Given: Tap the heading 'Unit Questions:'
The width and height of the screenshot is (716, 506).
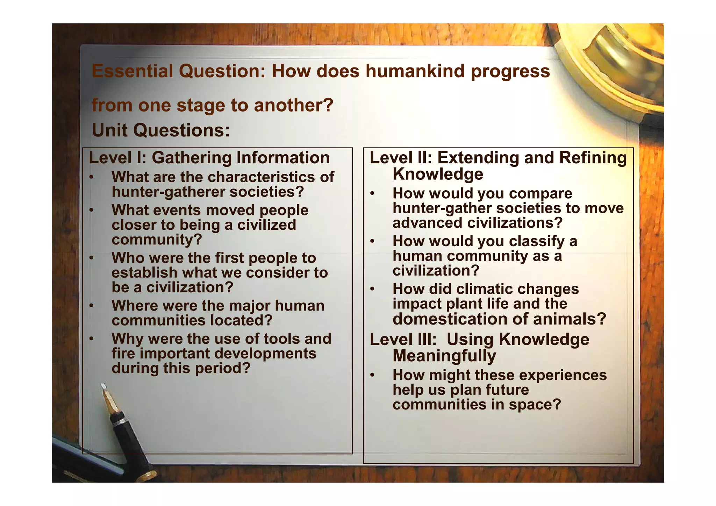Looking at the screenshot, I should coord(161,130).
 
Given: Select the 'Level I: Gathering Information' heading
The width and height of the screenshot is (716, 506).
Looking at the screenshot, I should coord(209,158).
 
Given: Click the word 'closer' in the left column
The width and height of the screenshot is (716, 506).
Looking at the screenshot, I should coord(133,225).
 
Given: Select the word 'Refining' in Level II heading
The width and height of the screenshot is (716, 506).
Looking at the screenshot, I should coord(593,158).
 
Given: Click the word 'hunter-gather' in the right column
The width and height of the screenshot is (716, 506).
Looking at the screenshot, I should coord(441,208).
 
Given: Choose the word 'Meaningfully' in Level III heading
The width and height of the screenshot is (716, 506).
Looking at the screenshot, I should coord(444,356).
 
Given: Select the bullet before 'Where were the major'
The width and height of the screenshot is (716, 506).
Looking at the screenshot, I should coord(91,306).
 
